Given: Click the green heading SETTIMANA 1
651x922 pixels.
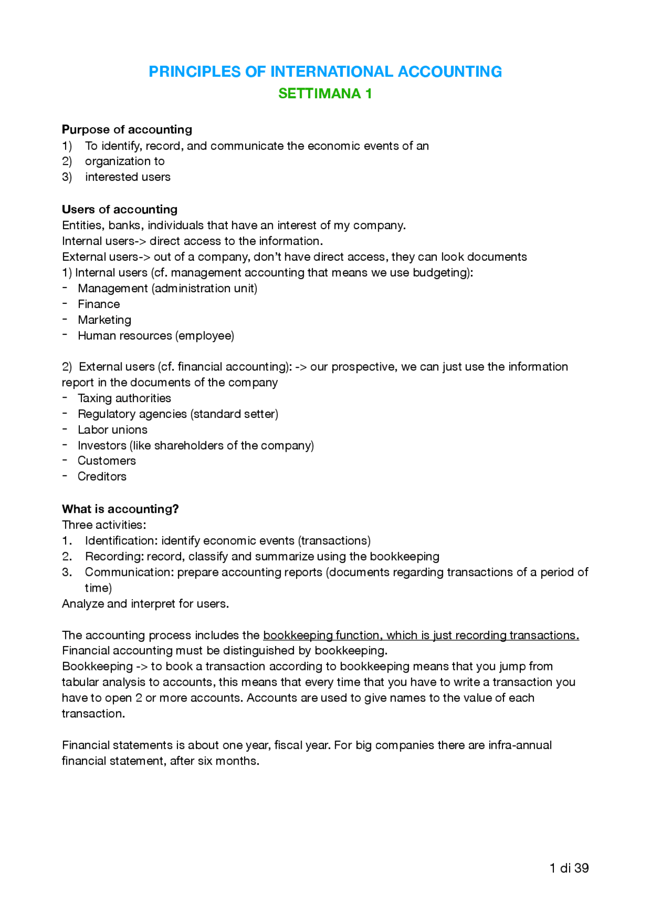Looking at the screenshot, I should click(x=325, y=94).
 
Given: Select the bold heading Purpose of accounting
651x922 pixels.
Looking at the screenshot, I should click(x=127, y=129).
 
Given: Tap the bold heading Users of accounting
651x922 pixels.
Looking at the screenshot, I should click(x=120, y=209).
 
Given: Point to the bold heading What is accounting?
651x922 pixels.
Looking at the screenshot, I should click(x=120, y=509).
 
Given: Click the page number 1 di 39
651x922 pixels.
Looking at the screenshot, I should click(x=569, y=868).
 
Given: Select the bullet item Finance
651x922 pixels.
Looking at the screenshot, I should click(x=99, y=304).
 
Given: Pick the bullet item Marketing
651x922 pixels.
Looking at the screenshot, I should click(x=104, y=320).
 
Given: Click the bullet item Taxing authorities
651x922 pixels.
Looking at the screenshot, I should click(x=124, y=398).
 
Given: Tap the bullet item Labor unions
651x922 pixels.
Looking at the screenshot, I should click(x=112, y=430).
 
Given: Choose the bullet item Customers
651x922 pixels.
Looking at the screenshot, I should click(x=107, y=461).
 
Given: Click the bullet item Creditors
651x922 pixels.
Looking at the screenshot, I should click(x=102, y=477).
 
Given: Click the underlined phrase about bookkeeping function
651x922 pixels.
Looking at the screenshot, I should click(x=421, y=635).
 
